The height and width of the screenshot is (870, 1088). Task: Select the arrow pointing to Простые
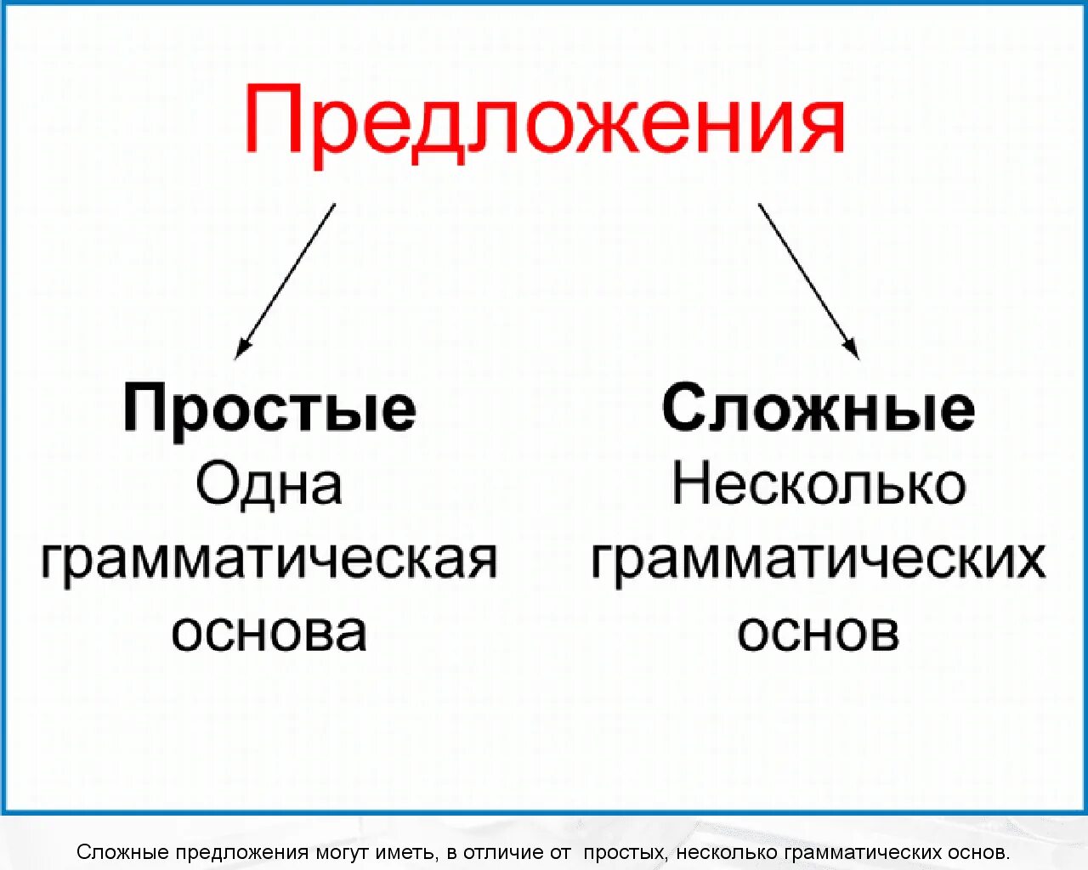click(286, 280)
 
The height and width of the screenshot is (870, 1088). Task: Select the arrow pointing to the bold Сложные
click(808, 281)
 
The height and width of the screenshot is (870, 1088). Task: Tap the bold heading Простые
click(269, 410)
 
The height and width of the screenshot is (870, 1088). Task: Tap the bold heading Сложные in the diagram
click(818, 410)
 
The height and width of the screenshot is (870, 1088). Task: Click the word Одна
click(269, 484)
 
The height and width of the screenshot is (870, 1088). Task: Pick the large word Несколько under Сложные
click(819, 484)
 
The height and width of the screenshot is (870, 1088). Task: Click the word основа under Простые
click(269, 633)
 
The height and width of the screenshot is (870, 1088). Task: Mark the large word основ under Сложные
click(818, 633)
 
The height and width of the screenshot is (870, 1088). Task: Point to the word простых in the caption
click(625, 852)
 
